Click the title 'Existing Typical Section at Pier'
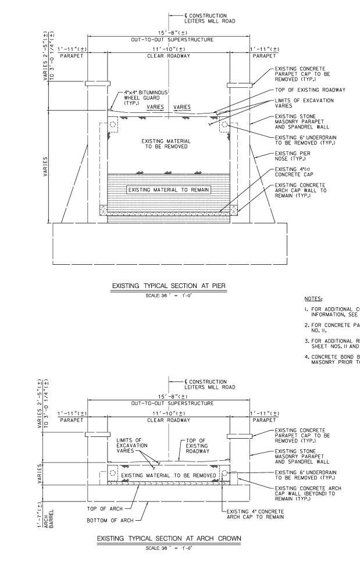(169, 286)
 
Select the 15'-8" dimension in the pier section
(169, 33)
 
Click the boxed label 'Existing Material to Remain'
(169, 190)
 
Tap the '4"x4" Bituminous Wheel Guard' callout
(135, 97)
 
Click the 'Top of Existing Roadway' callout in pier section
(310, 90)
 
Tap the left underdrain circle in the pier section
(112, 125)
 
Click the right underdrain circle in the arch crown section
(226, 474)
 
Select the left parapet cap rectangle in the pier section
(97, 84)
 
